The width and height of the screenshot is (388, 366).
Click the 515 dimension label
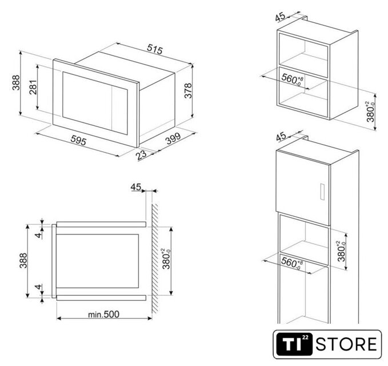(x=155, y=49)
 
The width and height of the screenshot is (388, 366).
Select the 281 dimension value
(x=33, y=87)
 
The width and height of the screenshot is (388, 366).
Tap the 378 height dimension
(x=188, y=90)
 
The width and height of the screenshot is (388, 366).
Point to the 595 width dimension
(x=78, y=140)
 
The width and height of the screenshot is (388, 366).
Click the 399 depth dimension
(x=173, y=138)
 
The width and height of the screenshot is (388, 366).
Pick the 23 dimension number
(x=141, y=155)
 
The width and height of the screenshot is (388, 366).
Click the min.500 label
(x=103, y=314)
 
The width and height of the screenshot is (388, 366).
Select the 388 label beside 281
(x=16, y=83)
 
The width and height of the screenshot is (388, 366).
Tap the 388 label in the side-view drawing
(x=23, y=260)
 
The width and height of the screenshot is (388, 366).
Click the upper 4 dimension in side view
(x=39, y=235)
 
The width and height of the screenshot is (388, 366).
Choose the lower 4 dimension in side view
(x=38, y=287)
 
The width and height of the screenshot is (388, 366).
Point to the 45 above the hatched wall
(x=136, y=187)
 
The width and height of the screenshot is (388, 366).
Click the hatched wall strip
(x=155, y=258)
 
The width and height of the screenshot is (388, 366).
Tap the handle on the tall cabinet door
(x=322, y=192)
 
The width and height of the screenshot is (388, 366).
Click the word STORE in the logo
(x=346, y=344)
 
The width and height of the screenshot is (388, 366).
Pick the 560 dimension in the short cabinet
(x=293, y=79)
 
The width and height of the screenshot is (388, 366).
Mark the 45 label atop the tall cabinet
(x=281, y=137)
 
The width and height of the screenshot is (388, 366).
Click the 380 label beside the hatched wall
(x=166, y=259)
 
